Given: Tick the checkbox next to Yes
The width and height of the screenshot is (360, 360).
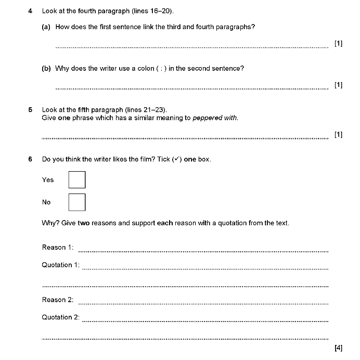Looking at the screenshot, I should pyautogui.click(x=77, y=180).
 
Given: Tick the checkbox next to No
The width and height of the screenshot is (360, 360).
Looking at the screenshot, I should pyautogui.click(x=77, y=202).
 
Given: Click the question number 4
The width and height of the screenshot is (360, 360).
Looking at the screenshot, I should pyautogui.click(x=30, y=10).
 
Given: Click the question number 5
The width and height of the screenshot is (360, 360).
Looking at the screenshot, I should pyautogui.click(x=30, y=110).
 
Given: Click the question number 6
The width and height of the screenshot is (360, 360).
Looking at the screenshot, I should pyautogui.click(x=30, y=159).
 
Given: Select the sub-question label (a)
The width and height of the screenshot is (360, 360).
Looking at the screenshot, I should pyautogui.click(x=46, y=27).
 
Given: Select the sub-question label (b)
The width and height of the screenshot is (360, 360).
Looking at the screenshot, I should pyautogui.click(x=46, y=68).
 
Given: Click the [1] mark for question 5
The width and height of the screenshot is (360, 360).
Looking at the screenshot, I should pyautogui.click(x=339, y=135).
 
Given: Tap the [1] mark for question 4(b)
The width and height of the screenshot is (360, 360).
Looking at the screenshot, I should pyautogui.click(x=339, y=85).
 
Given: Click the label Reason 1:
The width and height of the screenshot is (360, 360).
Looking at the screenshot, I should pyautogui.click(x=58, y=248).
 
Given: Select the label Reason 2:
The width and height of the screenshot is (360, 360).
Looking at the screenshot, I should pyautogui.click(x=58, y=300).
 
